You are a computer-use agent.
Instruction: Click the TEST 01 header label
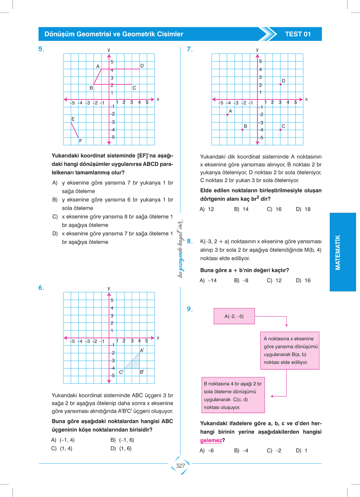pos(298,34)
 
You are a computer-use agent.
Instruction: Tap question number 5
pos(41,49)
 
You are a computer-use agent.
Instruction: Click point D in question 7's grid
pos(281,84)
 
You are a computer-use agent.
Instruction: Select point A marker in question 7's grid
pos(227,115)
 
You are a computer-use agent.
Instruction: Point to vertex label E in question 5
pos(73,119)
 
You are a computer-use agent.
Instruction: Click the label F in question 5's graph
pos(81,141)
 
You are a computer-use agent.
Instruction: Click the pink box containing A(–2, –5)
pos(234,316)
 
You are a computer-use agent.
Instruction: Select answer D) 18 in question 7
pos(303,209)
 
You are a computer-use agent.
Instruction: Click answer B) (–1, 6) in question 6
pos(122,440)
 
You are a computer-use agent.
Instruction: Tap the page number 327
pos(180,466)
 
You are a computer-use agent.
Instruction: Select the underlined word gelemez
pos(211,440)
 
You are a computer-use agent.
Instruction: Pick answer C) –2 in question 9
pos(274,450)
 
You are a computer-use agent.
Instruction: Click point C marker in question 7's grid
pos(280,130)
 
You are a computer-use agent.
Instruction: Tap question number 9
pos(190,309)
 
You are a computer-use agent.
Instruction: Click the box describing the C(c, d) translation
pos(233,395)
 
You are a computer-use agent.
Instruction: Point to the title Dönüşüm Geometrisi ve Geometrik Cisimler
pos(114,34)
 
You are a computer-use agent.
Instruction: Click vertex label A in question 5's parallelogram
pos(98,66)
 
